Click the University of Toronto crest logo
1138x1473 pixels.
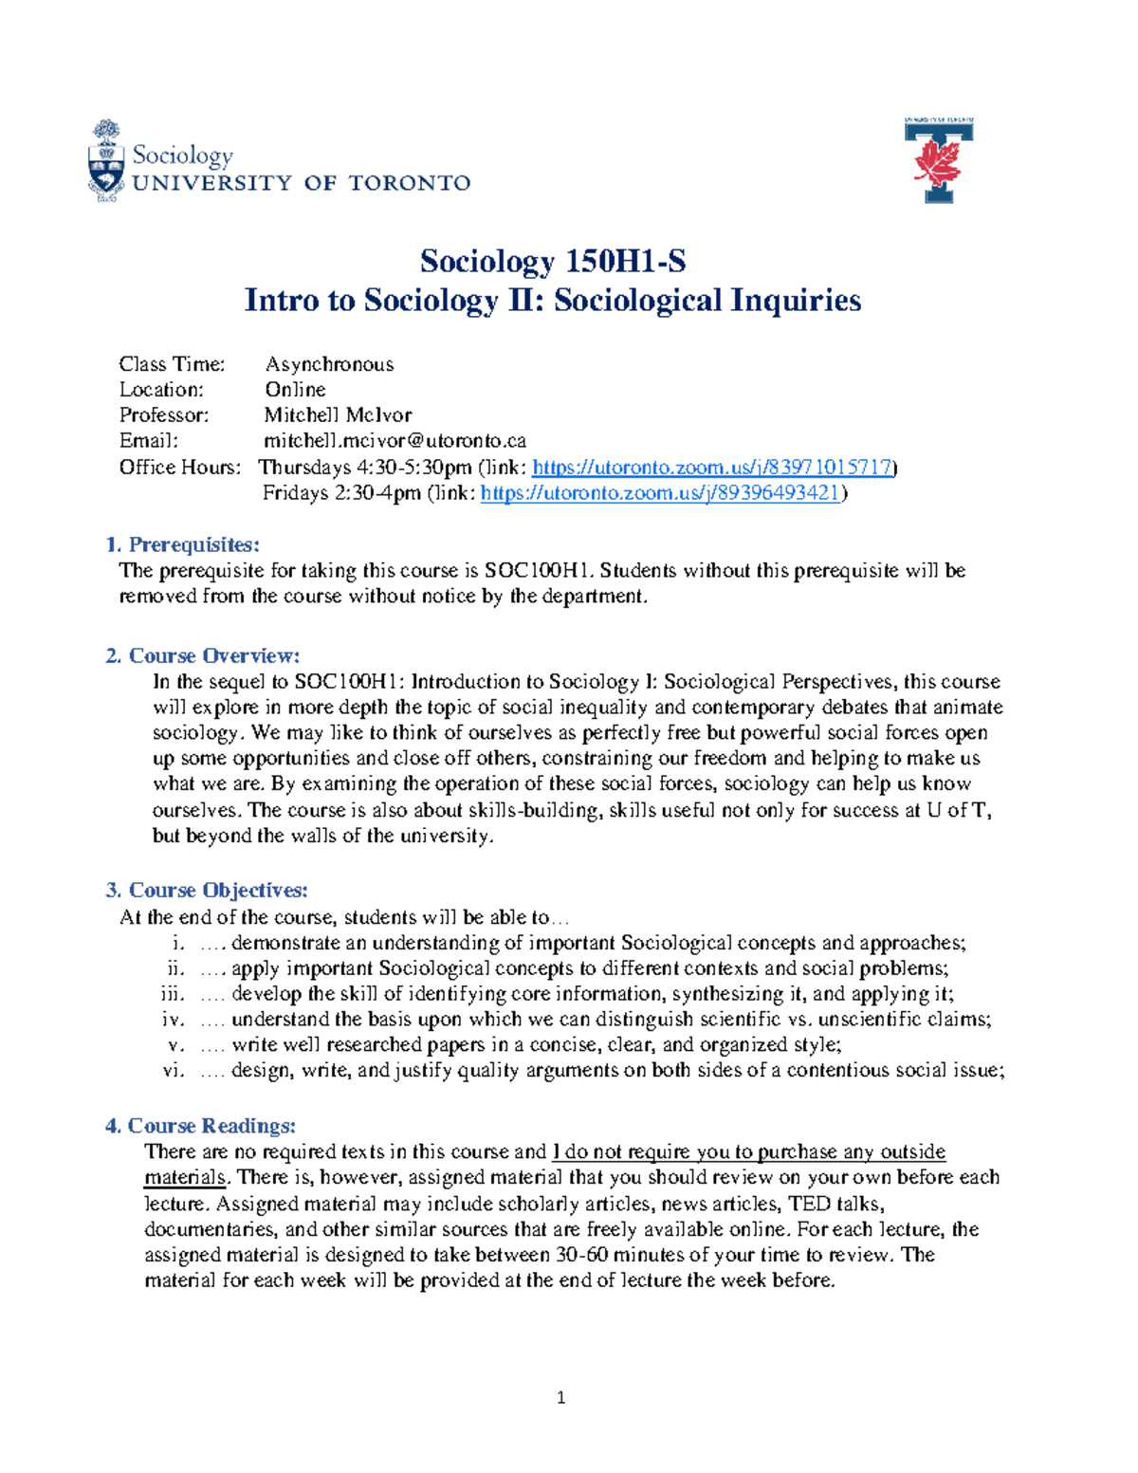point(106,161)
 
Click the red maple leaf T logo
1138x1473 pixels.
point(939,160)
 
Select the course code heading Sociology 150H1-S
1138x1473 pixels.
point(553,261)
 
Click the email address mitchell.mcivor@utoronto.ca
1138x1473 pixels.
point(395,440)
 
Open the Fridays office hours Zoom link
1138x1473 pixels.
point(660,492)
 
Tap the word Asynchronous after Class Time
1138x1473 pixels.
point(329,364)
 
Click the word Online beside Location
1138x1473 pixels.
point(295,390)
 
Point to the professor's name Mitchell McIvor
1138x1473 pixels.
point(338,415)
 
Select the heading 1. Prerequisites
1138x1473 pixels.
point(182,544)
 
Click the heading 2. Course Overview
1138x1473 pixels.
point(203,655)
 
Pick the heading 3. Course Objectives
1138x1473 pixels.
point(206,890)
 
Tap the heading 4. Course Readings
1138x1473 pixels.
point(200,1126)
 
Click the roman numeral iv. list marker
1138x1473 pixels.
point(173,1020)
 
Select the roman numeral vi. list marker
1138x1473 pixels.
point(173,1071)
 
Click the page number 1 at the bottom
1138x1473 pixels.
point(561,1397)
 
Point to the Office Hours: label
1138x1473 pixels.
point(180,467)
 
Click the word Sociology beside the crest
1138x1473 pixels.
point(183,155)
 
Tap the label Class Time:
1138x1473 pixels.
point(172,364)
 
